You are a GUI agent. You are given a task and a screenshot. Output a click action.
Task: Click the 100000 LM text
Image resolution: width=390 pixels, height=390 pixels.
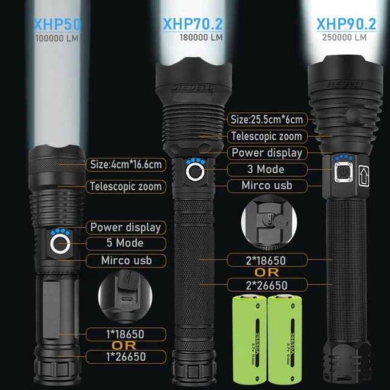click(57, 38)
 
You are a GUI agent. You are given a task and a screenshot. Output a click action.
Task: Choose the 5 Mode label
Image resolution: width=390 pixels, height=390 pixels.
click(125, 243)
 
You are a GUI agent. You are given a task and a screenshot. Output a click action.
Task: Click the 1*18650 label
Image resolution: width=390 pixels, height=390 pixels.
click(125, 334)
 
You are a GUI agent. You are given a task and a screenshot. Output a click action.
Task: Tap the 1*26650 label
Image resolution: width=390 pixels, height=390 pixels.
click(125, 356)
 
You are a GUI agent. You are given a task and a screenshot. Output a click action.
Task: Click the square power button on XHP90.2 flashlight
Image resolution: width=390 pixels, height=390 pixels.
click(342, 172)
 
